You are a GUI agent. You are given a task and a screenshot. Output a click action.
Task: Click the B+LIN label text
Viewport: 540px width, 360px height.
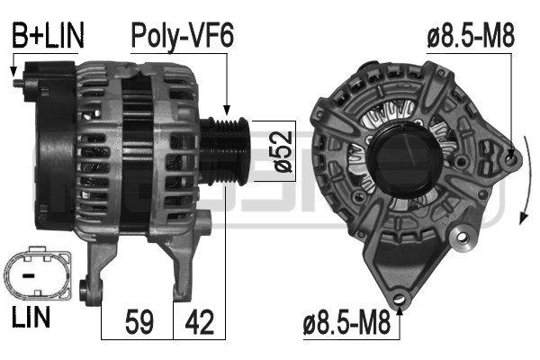(x=47, y=36)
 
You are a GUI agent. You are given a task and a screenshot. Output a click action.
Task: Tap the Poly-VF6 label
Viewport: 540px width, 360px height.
(x=183, y=36)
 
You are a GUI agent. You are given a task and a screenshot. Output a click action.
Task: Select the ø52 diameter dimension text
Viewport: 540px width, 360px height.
(x=281, y=151)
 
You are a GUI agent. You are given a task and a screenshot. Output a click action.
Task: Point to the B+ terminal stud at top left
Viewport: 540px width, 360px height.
(x=21, y=84)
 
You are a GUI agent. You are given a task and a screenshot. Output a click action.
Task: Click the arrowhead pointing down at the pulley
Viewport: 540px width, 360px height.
(x=227, y=108)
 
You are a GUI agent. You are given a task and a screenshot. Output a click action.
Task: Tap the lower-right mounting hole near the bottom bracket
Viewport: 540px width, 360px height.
(x=464, y=238)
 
